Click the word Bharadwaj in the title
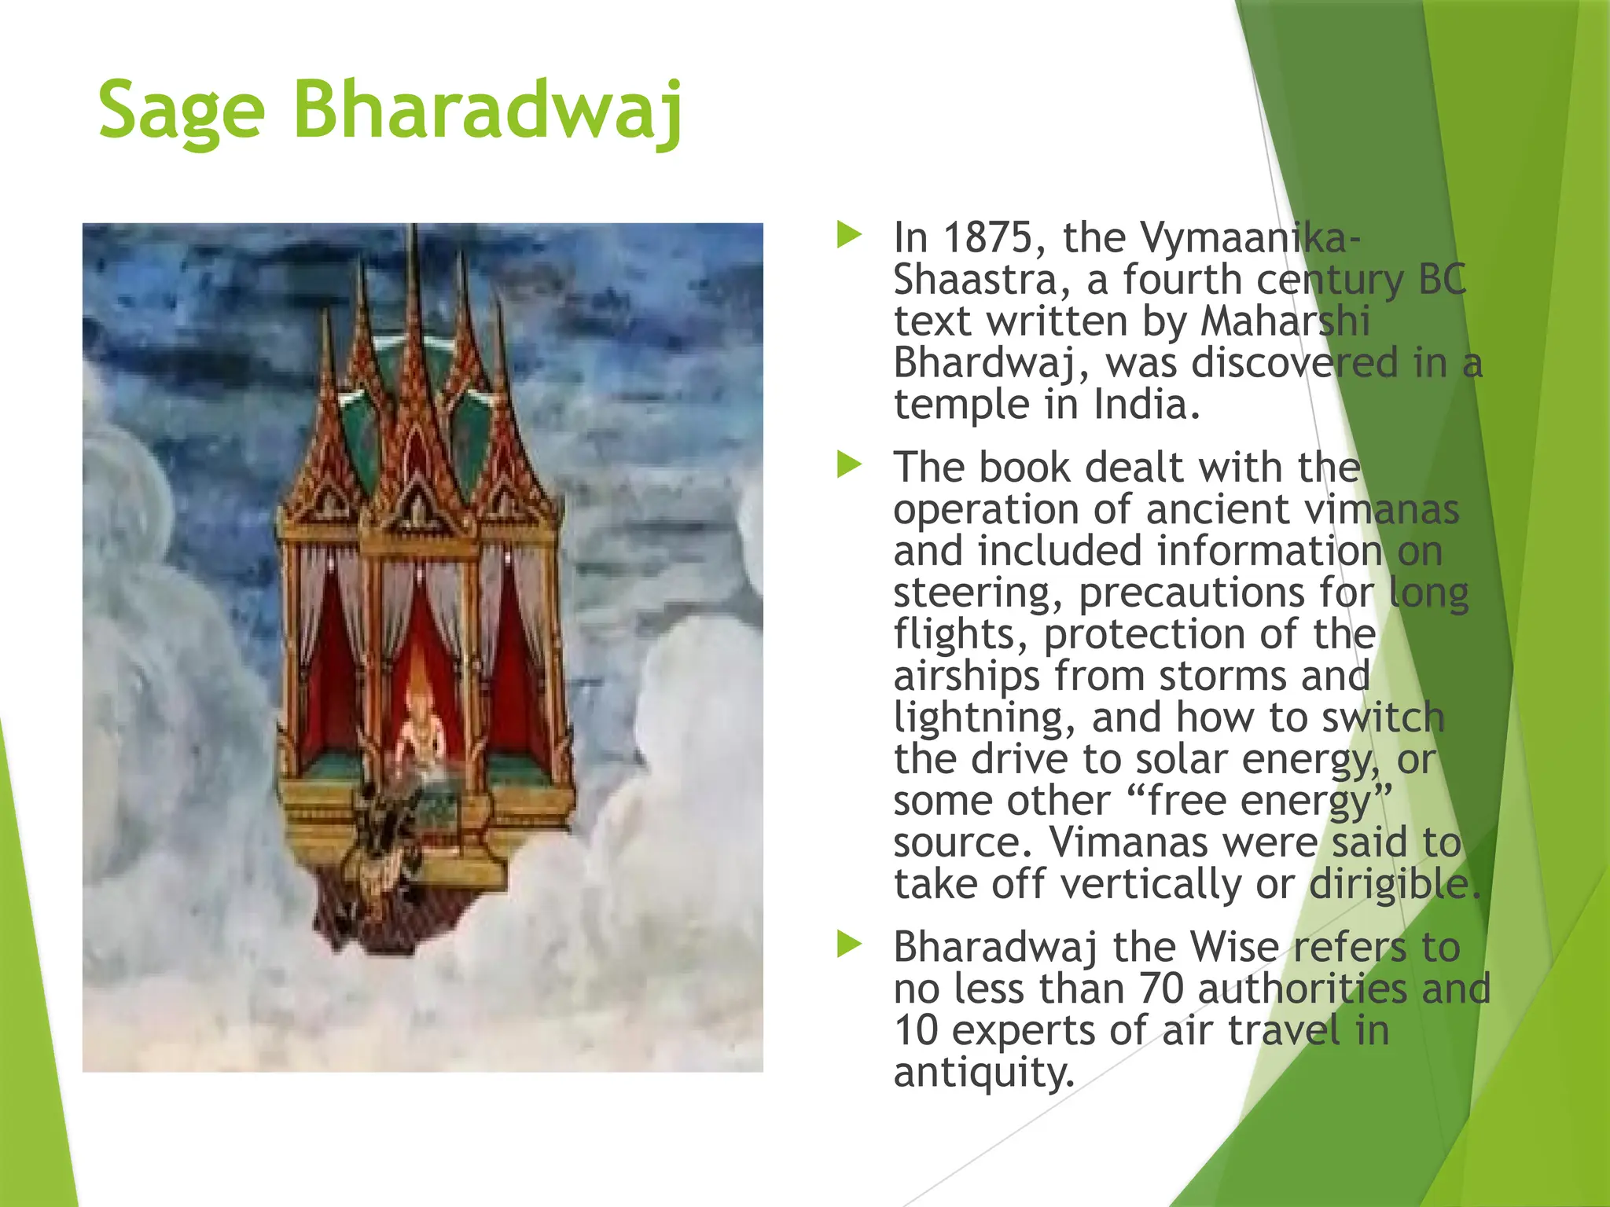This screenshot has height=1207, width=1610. (x=487, y=110)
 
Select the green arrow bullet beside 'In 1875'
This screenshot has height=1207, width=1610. (x=849, y=234)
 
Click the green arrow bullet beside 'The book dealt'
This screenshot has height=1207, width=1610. (x=849, y=464)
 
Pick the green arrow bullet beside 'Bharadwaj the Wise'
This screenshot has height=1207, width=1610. (x=849, y=944)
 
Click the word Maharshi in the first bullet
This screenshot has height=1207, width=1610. (x=1285, y=321)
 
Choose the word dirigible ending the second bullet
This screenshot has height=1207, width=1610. (x=1394, y=885)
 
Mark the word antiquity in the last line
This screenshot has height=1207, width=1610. (x=983, y=1073)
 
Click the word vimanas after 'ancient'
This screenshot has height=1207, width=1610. (x=1381, y=509)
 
